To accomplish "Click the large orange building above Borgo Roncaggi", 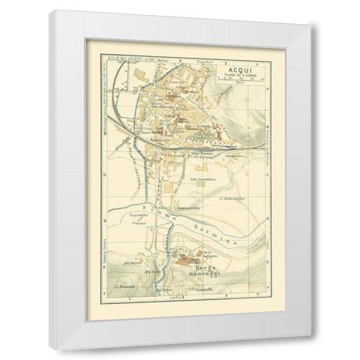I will tap(187, 257).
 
